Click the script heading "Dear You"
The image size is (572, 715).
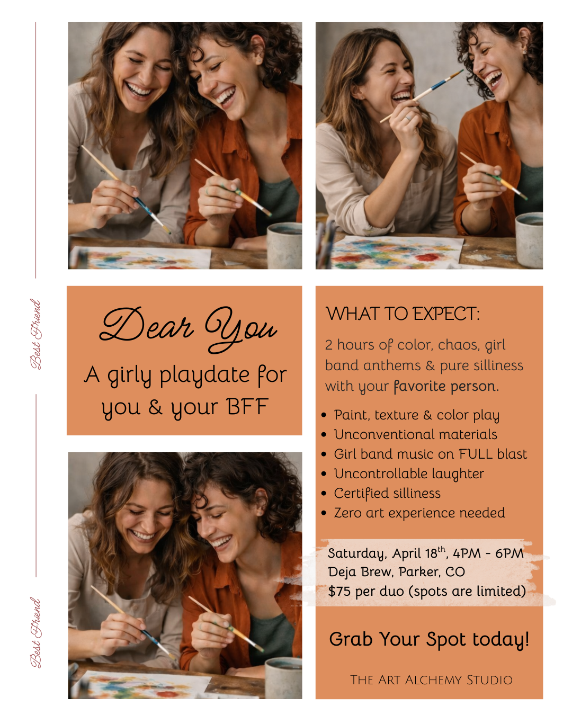point(188,329)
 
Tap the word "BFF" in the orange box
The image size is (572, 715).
point(248,406)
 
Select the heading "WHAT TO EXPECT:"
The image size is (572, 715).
point(403,314)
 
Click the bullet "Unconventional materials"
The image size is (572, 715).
point(415,434)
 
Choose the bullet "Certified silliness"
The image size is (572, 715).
point(387,493)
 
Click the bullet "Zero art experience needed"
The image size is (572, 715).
point(419,513)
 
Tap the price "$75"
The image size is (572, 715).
point(339,591)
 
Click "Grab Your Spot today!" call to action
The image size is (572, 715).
point(429,639)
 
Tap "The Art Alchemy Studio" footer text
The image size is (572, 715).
point(431,680)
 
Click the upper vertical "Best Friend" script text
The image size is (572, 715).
point(35,334)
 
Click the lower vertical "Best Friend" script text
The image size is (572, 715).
point(35,633)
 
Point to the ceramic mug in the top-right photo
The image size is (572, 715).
point(529,239)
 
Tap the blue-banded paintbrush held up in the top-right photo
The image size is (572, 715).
point(422,96)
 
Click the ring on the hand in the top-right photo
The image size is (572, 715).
point(408,118)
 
